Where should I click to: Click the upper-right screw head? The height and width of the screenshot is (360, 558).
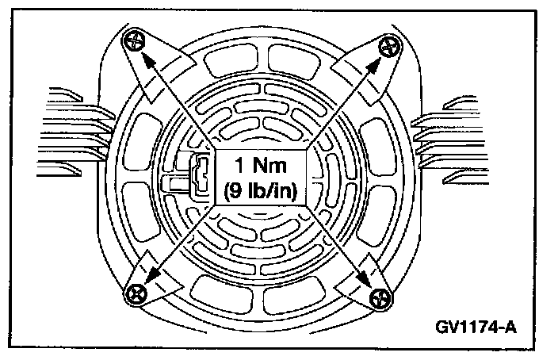pyautogui.click(x=388, y=46)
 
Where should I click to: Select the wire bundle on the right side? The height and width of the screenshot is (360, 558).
pyautogui.click(x=448, y=127)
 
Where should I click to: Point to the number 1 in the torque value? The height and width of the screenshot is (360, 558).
pyautogui.click(x=237, y=167)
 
